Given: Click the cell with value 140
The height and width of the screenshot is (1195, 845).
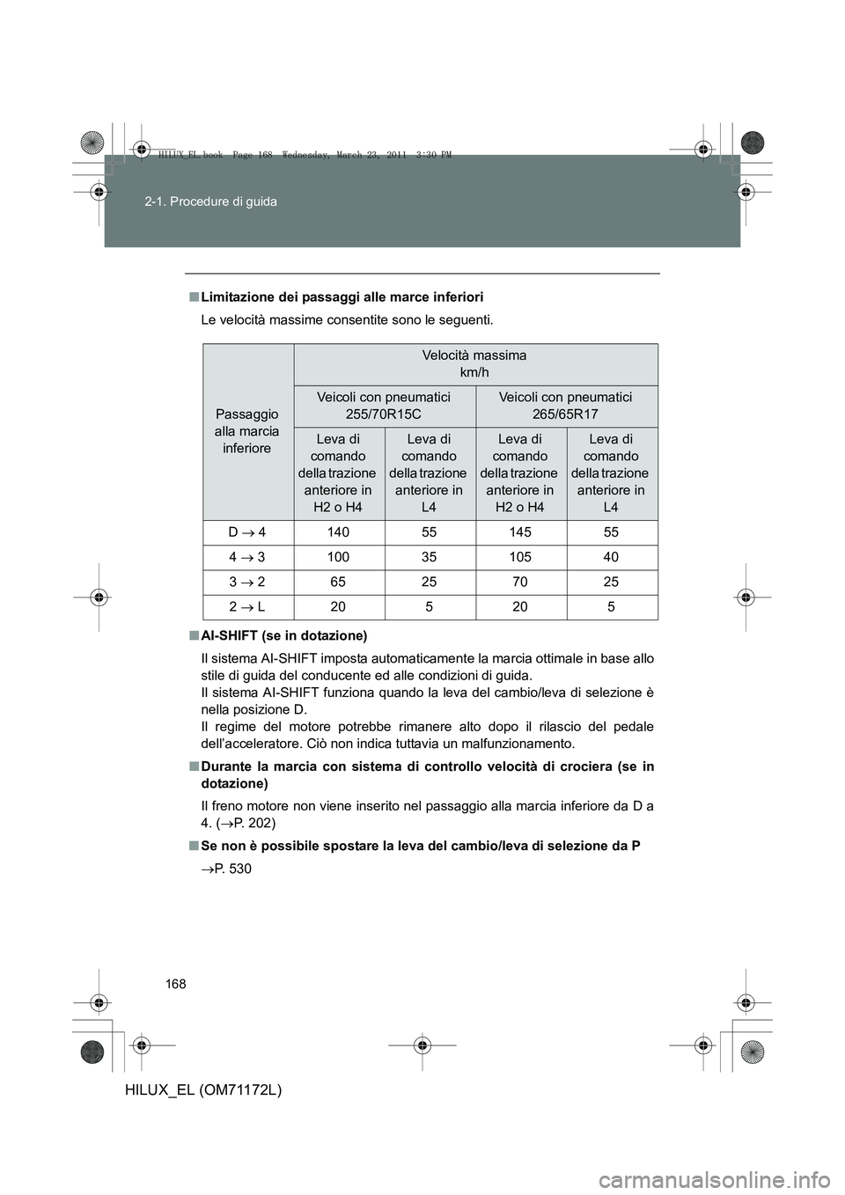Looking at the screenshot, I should point(339,532).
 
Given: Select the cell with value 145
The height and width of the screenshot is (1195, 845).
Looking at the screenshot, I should point(520,532).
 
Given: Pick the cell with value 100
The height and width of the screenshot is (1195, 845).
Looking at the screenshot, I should point(339,557).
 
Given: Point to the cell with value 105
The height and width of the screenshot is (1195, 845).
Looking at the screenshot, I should point(520,557).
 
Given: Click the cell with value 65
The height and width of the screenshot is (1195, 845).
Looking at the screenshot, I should point(339,582).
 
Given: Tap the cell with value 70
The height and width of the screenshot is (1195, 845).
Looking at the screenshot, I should point(520,582).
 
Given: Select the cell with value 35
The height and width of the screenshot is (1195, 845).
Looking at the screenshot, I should point(429,557).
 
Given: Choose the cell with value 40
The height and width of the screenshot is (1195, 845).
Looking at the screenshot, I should point(611,557).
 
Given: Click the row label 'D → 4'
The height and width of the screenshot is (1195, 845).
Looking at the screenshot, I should point(247,532).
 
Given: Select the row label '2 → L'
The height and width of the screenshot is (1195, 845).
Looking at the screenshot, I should point(247,606).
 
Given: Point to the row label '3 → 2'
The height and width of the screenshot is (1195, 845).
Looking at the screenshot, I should point(247,582).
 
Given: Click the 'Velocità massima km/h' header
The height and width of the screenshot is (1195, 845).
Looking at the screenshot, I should point(474,363).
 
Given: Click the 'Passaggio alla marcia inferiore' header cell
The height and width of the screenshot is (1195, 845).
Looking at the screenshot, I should point(247,431).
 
